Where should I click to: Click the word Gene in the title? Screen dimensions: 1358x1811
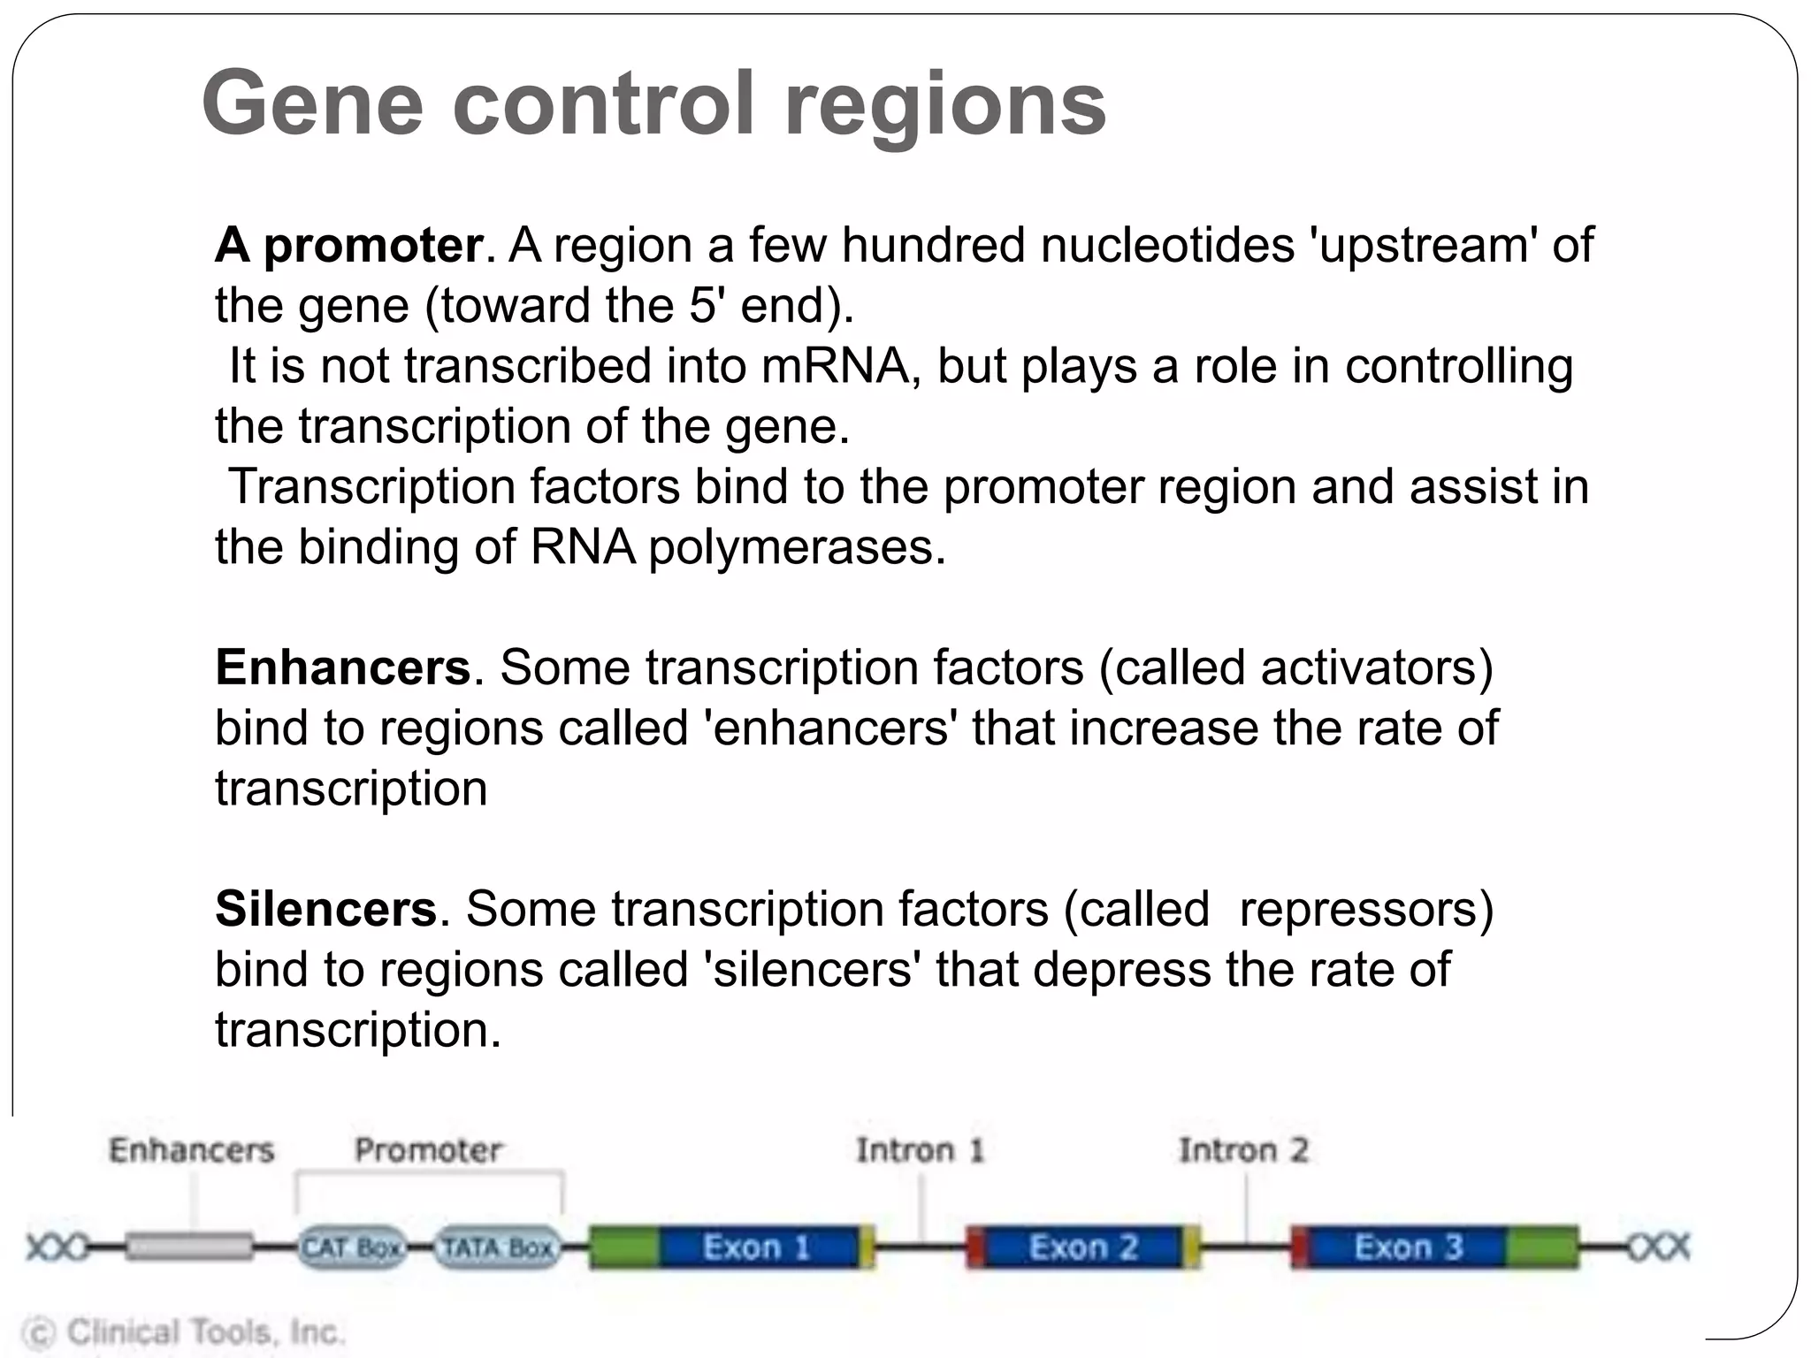click(312, 104)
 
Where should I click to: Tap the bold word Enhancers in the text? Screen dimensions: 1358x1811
click(343, 668)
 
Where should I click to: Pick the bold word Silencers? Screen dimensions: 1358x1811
click(326, 909)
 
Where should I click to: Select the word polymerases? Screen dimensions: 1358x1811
click(797, 547)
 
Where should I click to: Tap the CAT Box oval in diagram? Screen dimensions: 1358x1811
click(351, 1247)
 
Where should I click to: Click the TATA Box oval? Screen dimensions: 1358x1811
click(498, 1247)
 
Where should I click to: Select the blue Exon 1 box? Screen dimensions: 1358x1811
click(757, 1247)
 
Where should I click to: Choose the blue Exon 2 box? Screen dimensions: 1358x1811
click(1082, 1247)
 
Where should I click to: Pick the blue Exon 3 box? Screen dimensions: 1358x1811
click(1408, 1247)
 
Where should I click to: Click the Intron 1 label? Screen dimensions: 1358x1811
click(920, 1150)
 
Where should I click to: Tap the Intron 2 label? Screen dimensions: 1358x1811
click(1243, 1150)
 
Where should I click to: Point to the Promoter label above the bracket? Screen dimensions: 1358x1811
click(428, 1150)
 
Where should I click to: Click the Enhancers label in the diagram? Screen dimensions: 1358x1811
click(191, 1150)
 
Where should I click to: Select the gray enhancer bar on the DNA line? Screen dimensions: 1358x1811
click(188, 1247)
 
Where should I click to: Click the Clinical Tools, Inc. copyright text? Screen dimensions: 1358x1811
click(184, 1331)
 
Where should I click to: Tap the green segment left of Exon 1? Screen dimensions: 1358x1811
click(623, 1247)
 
